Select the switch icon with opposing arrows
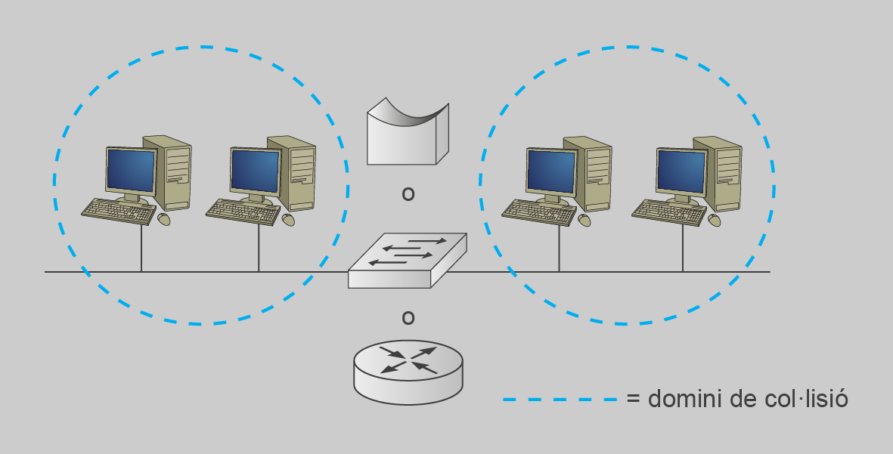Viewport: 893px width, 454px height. point(407,260)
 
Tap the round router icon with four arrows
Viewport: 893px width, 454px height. point(408,370)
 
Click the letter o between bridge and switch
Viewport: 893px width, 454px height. point(408,195)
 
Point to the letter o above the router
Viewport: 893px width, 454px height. point(408,318)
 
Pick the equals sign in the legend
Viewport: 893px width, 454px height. point(634,399)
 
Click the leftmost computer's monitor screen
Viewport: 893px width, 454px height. point(130,170)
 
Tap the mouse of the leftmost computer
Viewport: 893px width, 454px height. point(164,219)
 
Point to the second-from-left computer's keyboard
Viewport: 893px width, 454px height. point(242,212)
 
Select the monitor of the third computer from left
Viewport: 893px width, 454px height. point(550,170)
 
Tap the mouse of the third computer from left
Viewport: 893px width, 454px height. point(584,220)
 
